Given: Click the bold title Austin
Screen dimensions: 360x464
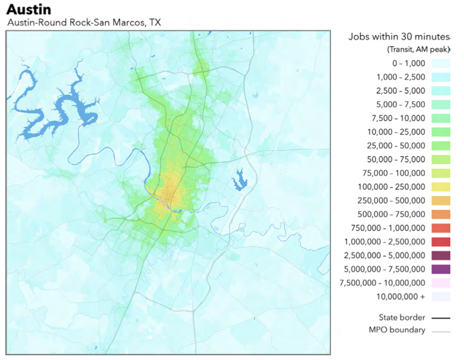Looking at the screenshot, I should click(x=28, y=9).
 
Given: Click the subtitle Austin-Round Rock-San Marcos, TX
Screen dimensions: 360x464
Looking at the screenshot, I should click(x=84, y=23).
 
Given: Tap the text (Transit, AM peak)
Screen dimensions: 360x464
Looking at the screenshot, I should click(x=418, y=49).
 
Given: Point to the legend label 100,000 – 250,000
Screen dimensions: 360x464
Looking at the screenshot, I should click(x=393, y=187).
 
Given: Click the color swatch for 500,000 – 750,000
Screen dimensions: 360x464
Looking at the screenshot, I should click(x=440, y=214).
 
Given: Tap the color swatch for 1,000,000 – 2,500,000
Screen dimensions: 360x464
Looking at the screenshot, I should click(x=440, y=241).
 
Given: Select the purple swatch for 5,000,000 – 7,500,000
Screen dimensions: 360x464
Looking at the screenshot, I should click(x=440, y=269).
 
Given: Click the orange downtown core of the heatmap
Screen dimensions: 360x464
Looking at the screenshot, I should click(x=169, y=196).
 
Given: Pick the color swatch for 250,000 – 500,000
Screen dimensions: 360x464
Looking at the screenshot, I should click(x=440, y=200).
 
